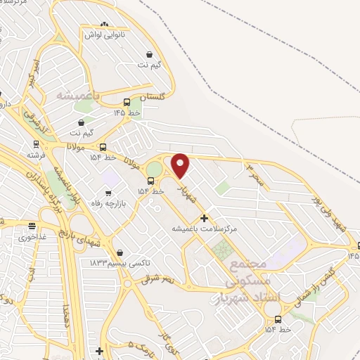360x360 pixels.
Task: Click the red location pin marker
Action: pos(181,165)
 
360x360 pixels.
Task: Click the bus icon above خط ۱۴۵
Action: pos(127,101)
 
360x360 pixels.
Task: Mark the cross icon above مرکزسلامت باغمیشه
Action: pos(205,218)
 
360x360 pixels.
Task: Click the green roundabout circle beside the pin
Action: pos(153,170)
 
